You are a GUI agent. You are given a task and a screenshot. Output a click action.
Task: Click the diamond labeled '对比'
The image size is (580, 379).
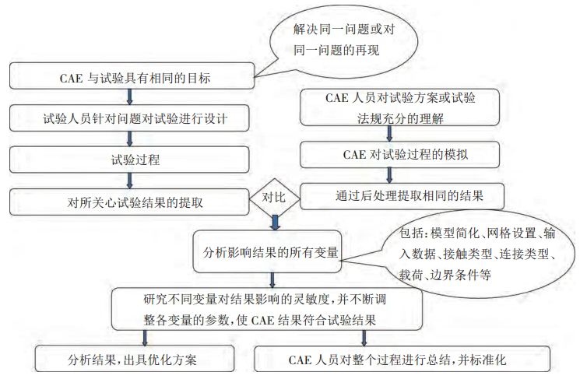(x=273, y=199)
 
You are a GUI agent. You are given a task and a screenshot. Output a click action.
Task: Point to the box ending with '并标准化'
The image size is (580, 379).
(x=402, y=360)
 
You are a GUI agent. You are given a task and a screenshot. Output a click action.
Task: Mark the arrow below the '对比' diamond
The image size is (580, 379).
(x=274, y=223)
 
